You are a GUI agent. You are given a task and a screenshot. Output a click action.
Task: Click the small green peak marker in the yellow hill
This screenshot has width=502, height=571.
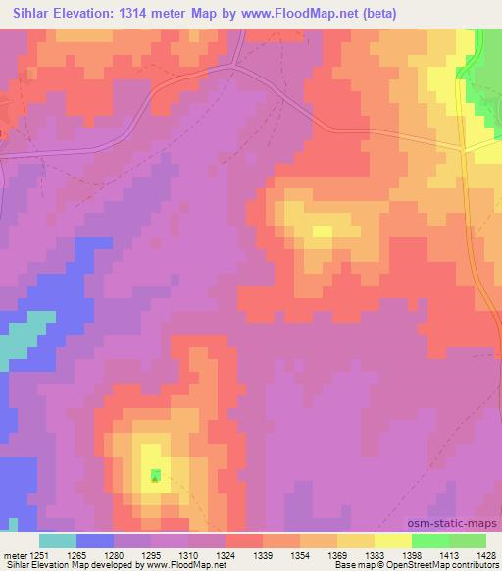(x=156, y=477)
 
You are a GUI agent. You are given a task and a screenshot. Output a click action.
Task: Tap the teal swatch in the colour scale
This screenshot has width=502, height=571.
(x=58, y=540)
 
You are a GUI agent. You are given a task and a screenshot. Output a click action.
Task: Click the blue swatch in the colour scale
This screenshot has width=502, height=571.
(x=95, y=540)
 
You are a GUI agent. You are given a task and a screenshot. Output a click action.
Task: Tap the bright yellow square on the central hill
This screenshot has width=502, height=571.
(x=322, y=232)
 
